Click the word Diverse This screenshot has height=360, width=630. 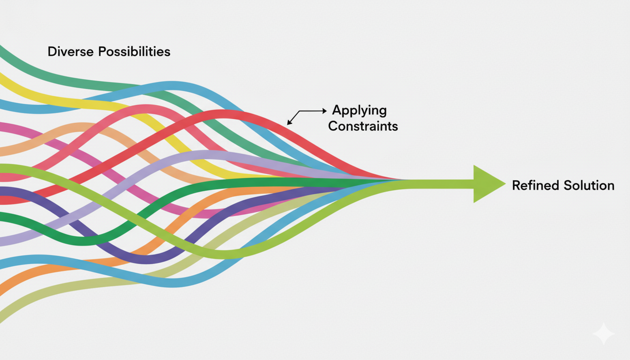pos(71,52)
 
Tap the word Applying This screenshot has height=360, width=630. pos(360,111)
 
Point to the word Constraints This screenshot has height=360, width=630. pos(363,126)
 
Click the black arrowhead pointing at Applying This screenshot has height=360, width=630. pos(324,111)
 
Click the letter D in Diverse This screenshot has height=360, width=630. pos(52,52)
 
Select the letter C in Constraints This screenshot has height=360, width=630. pos(333,126)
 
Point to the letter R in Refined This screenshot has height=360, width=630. pos(517,186)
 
